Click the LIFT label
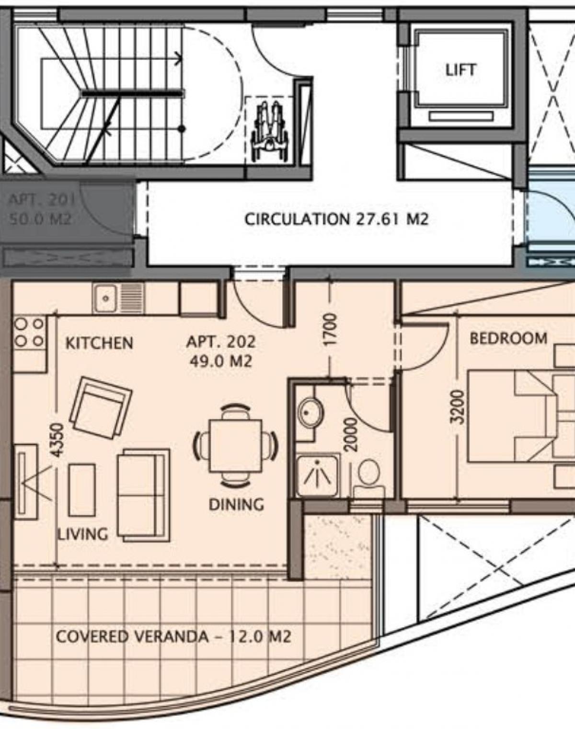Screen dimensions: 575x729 [460, 70]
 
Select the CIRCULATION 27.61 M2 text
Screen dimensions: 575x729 [336, 219]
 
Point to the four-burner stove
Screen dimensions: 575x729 [30, 333]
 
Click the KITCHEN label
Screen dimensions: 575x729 [99, 343]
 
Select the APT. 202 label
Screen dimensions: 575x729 [221, 342]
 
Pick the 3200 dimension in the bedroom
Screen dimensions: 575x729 [457, 407]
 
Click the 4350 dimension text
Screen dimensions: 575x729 [58, 440]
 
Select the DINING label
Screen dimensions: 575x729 [236, 504]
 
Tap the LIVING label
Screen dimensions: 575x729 [82, 534]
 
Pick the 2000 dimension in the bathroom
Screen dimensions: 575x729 [352, 435]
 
